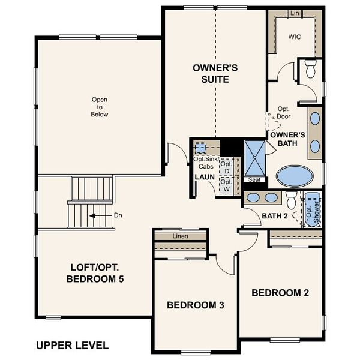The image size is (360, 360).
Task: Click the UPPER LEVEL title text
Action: [x=72, y=345]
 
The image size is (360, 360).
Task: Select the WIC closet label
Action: [x=293, y=36]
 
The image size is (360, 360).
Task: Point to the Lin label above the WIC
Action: [x=294, y=13]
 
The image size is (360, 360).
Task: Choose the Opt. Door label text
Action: [x=284, y=113]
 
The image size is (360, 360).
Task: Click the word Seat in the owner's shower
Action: [x=253, y=179]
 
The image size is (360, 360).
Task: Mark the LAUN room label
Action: [x=204, y=177]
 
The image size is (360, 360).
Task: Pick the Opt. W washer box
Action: [x=226, y=185]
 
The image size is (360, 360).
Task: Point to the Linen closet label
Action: [x=181, y=236]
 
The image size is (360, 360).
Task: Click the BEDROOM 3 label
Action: [x=195, y=305]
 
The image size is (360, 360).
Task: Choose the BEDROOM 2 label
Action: [x=280, y=293]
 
